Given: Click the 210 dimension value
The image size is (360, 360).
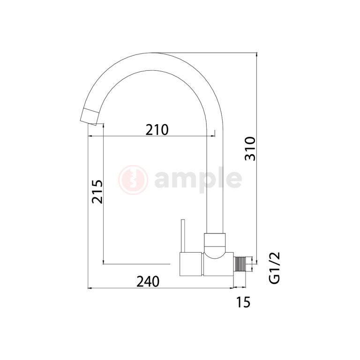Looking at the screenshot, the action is pyautogui.click(x=157, y=130).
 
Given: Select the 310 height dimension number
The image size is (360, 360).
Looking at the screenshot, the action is pyautogui.click(x=250, y=149).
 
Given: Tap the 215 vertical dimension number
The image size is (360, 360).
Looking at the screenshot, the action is pyautogui.click(x=97, y=191).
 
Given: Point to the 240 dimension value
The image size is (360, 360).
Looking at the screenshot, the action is pyautogui.click(x=148, y=281).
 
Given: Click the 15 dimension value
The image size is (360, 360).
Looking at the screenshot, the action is pyautogui.click(x=243, y=302).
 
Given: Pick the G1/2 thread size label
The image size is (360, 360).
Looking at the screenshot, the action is pyautogui.click(x=274, y=268).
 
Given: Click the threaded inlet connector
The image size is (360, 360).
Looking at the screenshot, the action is pyautogui.click(x=240, y=264).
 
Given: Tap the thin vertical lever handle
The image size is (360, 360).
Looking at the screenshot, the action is pyautogui.click(x=183, y=236).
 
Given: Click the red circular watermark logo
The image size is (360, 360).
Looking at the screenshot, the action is pyautogui.click(x=133, y=180).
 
